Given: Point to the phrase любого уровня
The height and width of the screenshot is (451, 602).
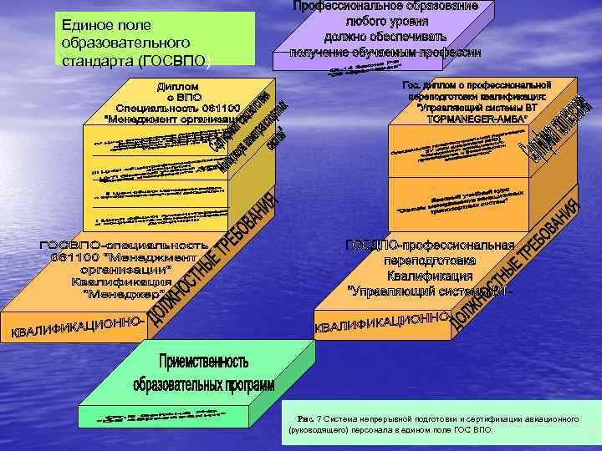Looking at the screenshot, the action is click(x=386, y=22).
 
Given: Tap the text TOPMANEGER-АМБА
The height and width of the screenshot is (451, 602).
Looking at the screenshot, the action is click(x=473, y=120).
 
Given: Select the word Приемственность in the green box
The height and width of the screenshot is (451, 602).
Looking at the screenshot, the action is click(x=202, y=362).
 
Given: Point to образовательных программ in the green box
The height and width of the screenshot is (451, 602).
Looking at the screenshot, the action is click(x=204, y=385).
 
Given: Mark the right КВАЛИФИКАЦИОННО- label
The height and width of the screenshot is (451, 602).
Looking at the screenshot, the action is click(x=381, y=321).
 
